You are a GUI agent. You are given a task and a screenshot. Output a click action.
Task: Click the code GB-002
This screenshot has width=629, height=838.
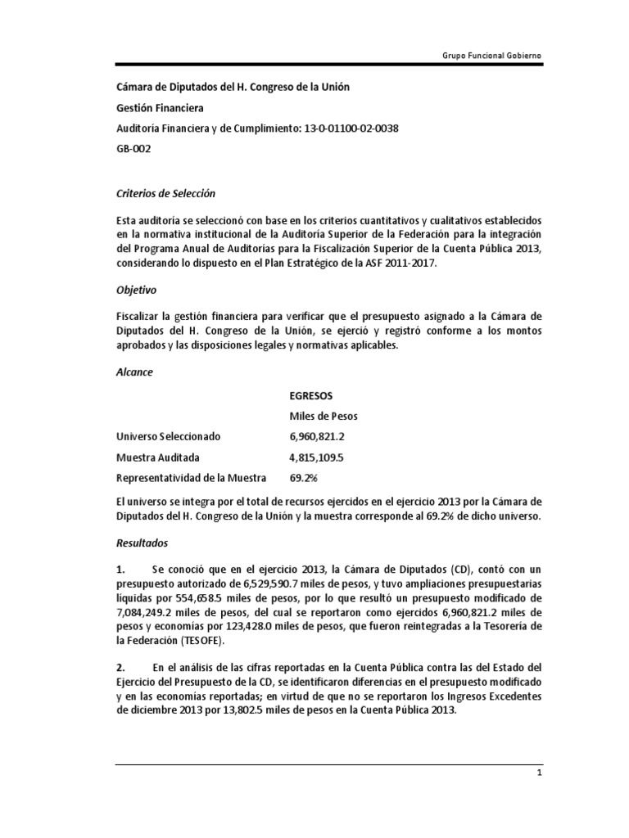[x=132, y=150]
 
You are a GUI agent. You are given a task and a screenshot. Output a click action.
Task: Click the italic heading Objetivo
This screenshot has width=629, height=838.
[x=136, y=290]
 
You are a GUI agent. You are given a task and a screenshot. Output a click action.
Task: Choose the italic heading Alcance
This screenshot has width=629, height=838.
[x=134, y=372]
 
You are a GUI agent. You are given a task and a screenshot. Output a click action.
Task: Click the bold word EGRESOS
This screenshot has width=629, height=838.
[x=311, y=395]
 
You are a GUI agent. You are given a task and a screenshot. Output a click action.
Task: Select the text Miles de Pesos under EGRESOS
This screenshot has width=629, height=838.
[x=324, y=416]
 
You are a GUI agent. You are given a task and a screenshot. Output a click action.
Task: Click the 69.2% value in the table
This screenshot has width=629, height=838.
[x=303, y=478]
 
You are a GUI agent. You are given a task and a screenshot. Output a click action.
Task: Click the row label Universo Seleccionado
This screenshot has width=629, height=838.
[x=169, y=437]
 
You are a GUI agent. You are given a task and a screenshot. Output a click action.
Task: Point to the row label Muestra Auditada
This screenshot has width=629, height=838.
[x=157, y=457]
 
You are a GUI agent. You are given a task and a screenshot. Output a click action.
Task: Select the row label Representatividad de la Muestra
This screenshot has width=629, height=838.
[x=193, y=478]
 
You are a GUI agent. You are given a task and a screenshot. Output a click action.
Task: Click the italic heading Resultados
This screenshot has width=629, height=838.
[x=142, y=542]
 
